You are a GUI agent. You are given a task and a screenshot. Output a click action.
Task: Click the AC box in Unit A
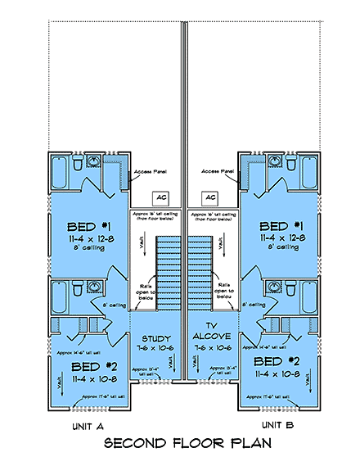tap(160, 198)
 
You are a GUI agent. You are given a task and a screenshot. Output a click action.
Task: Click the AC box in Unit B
tap(210, 198)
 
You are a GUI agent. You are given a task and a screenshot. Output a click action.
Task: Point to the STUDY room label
tap(155, 338)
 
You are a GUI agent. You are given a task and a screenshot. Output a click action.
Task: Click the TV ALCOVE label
tap(214, 330)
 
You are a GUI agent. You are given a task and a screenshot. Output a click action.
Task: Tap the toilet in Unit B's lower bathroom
tap(293, 291)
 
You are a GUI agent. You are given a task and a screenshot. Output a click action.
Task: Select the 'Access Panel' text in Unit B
tap(217, 171)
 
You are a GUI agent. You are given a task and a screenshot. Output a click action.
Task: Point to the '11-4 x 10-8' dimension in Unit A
tap(92, 373)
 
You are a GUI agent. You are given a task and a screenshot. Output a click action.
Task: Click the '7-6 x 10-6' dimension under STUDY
tap(155, 348)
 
